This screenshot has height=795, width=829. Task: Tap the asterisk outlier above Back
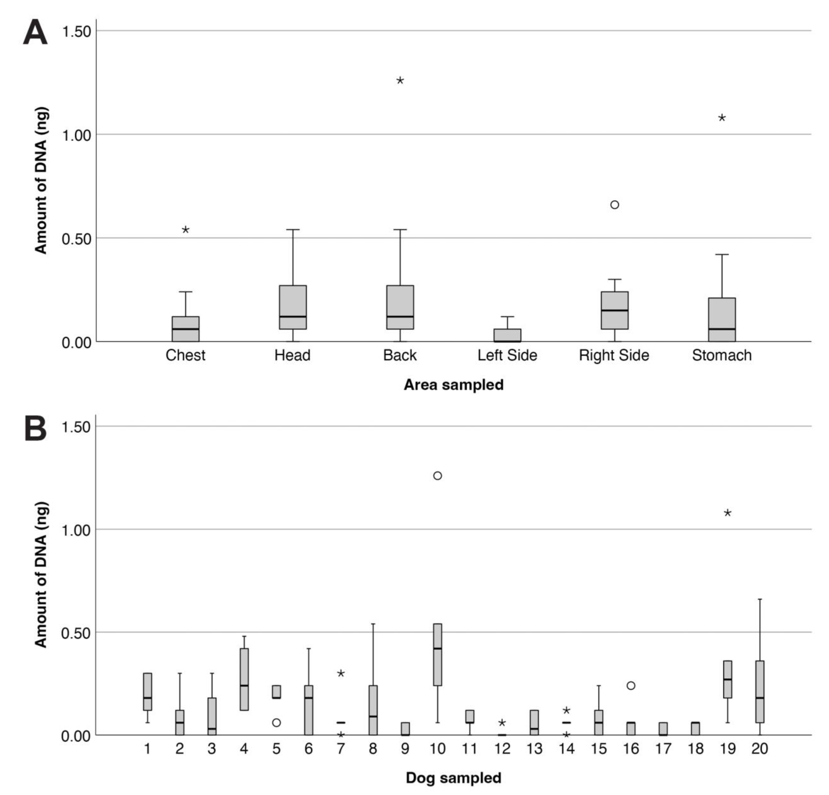click(400, 81)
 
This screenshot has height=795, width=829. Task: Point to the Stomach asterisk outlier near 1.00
click(722, 118)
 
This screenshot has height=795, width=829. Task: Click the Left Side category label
click(507, 355)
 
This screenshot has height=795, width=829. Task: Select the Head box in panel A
click(293, 307)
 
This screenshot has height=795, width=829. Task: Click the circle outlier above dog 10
click(437, 476)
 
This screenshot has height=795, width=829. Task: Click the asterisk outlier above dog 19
click(727, 513)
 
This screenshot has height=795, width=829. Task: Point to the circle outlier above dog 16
click(631, 685)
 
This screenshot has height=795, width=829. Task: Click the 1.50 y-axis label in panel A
click(76, 32)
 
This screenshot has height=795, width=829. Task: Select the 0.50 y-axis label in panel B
click(76, 634)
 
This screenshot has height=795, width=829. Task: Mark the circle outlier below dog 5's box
click(276, 723)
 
